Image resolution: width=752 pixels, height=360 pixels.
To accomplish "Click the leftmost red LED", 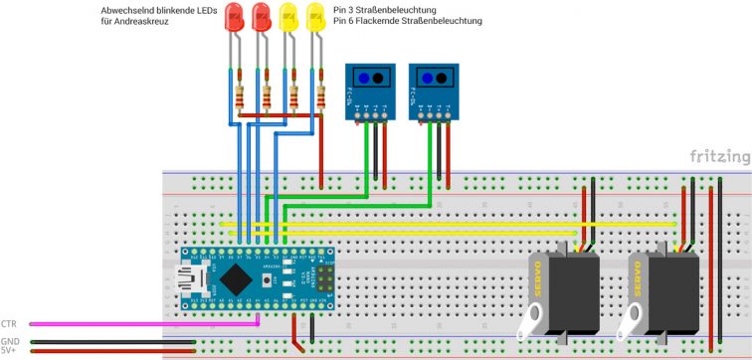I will pyautogui.click(x=235, y=17).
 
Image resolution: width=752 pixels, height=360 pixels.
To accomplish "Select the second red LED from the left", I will pyautogui.click(x=262, y=17).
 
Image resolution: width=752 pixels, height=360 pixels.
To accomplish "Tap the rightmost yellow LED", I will pyautogui.click(x=316, y=17).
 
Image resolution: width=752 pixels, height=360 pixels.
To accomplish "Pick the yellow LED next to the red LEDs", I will pyautogui.click(x=289, y=17).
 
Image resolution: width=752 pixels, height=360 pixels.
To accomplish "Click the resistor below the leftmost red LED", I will pyautogui.click(x=240, y=97).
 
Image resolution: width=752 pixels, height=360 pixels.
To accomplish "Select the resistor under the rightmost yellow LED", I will pyautogui.click(x=321, y=97).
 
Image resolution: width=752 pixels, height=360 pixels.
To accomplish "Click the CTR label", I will pyautogui.click(x=10, y=324).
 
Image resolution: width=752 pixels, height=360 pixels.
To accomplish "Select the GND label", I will pyautogui.click(x=10, y=341).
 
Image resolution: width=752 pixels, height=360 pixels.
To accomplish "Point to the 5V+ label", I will pyautogui.click(x=9, y=350).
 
